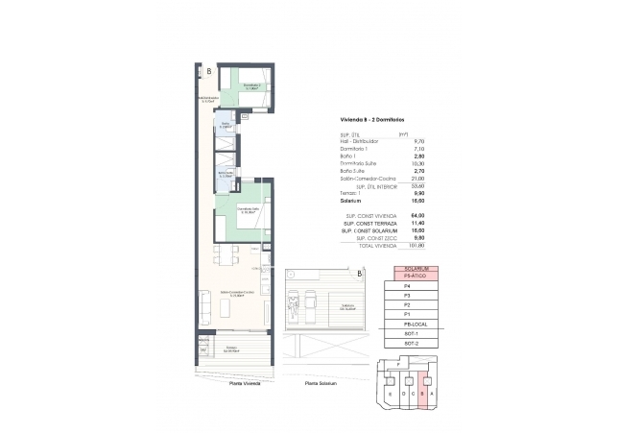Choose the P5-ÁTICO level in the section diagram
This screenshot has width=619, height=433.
click(x=416, y=276)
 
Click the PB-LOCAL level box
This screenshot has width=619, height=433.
click(x=416, y=325)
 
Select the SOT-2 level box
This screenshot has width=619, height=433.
click(x=416, y=343)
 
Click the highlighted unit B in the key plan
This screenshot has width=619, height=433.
click(x=421, y=394)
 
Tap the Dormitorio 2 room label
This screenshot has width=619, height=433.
click(x=251, y=87)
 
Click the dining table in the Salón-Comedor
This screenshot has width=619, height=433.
click(x=226, y=255)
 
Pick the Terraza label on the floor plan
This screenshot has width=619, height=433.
click(x=231, y=348)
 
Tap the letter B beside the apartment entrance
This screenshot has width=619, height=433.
click(x=209, y=71)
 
